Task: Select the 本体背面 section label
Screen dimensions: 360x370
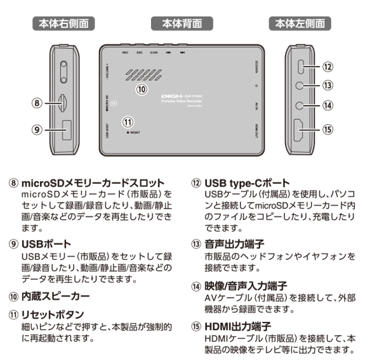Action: (181, 24)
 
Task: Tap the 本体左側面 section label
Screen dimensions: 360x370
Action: (301, 24)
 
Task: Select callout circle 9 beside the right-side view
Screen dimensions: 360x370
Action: (37, 129)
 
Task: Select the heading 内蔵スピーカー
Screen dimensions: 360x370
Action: (55, 295)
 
